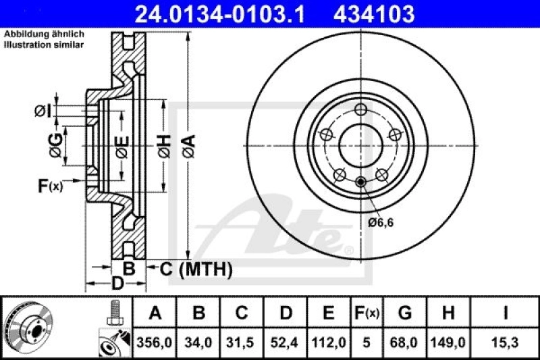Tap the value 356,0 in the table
pos(156,343)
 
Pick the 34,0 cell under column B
pos(199,343)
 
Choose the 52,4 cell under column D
pos(286,343)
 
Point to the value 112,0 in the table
pos(329,343)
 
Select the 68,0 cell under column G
pos(404,343)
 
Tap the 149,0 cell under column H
pos(448,343)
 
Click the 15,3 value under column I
pos(504,343)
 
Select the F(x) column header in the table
pos(368,313)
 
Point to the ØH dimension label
pos(164,145)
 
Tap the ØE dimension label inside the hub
pos(122,145)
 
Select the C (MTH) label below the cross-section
pos(196,269)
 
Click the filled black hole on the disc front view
pos(361,181)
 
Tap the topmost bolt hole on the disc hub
pos(361,109)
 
